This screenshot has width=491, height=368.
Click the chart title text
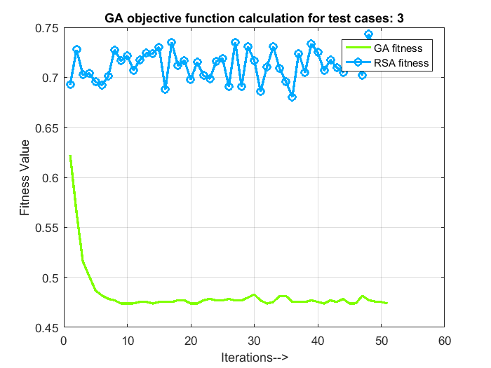click(253, 18)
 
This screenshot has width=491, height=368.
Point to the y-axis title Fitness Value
click(25, 177)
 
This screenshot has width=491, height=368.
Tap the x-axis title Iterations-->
click(254, 357)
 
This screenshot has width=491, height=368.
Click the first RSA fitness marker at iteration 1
click(70, 84)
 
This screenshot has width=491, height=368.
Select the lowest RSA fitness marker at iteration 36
click(292, 97)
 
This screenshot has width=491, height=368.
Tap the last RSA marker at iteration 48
click(368, 34)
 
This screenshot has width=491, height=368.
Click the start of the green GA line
click(70, 156)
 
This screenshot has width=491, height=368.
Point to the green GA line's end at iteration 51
click(386, 303)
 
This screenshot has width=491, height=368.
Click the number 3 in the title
click(400, 18)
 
